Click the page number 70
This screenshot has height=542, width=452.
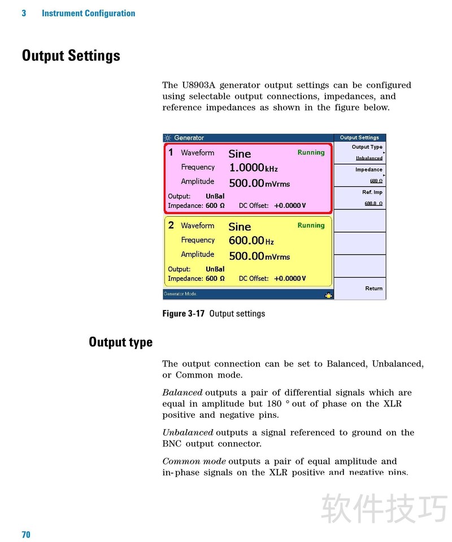click(26, 534)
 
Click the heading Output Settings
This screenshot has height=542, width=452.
click(71, 56)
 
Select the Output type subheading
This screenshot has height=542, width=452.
click(120, 342)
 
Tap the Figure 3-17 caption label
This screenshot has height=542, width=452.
click(184, 313)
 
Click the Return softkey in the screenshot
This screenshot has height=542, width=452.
click(373, 288)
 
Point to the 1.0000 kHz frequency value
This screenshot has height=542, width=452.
click(253, 168)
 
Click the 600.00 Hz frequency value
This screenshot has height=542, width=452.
click(251, 241)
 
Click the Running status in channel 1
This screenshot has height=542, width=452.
click(311, 152)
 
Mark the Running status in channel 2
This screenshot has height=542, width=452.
click(311, 225)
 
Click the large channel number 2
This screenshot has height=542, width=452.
click(171, 225)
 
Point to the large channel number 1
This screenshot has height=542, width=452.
click(171, 152)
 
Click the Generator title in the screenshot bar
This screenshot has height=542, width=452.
click(189, 138)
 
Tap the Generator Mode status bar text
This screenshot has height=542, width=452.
click(180, 294)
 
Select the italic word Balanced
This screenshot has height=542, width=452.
click(182, 392)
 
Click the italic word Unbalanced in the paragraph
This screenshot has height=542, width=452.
click(188, 432)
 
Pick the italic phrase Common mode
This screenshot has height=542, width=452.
click(194, 461)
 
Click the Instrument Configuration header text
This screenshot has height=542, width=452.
click(88, 13)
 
